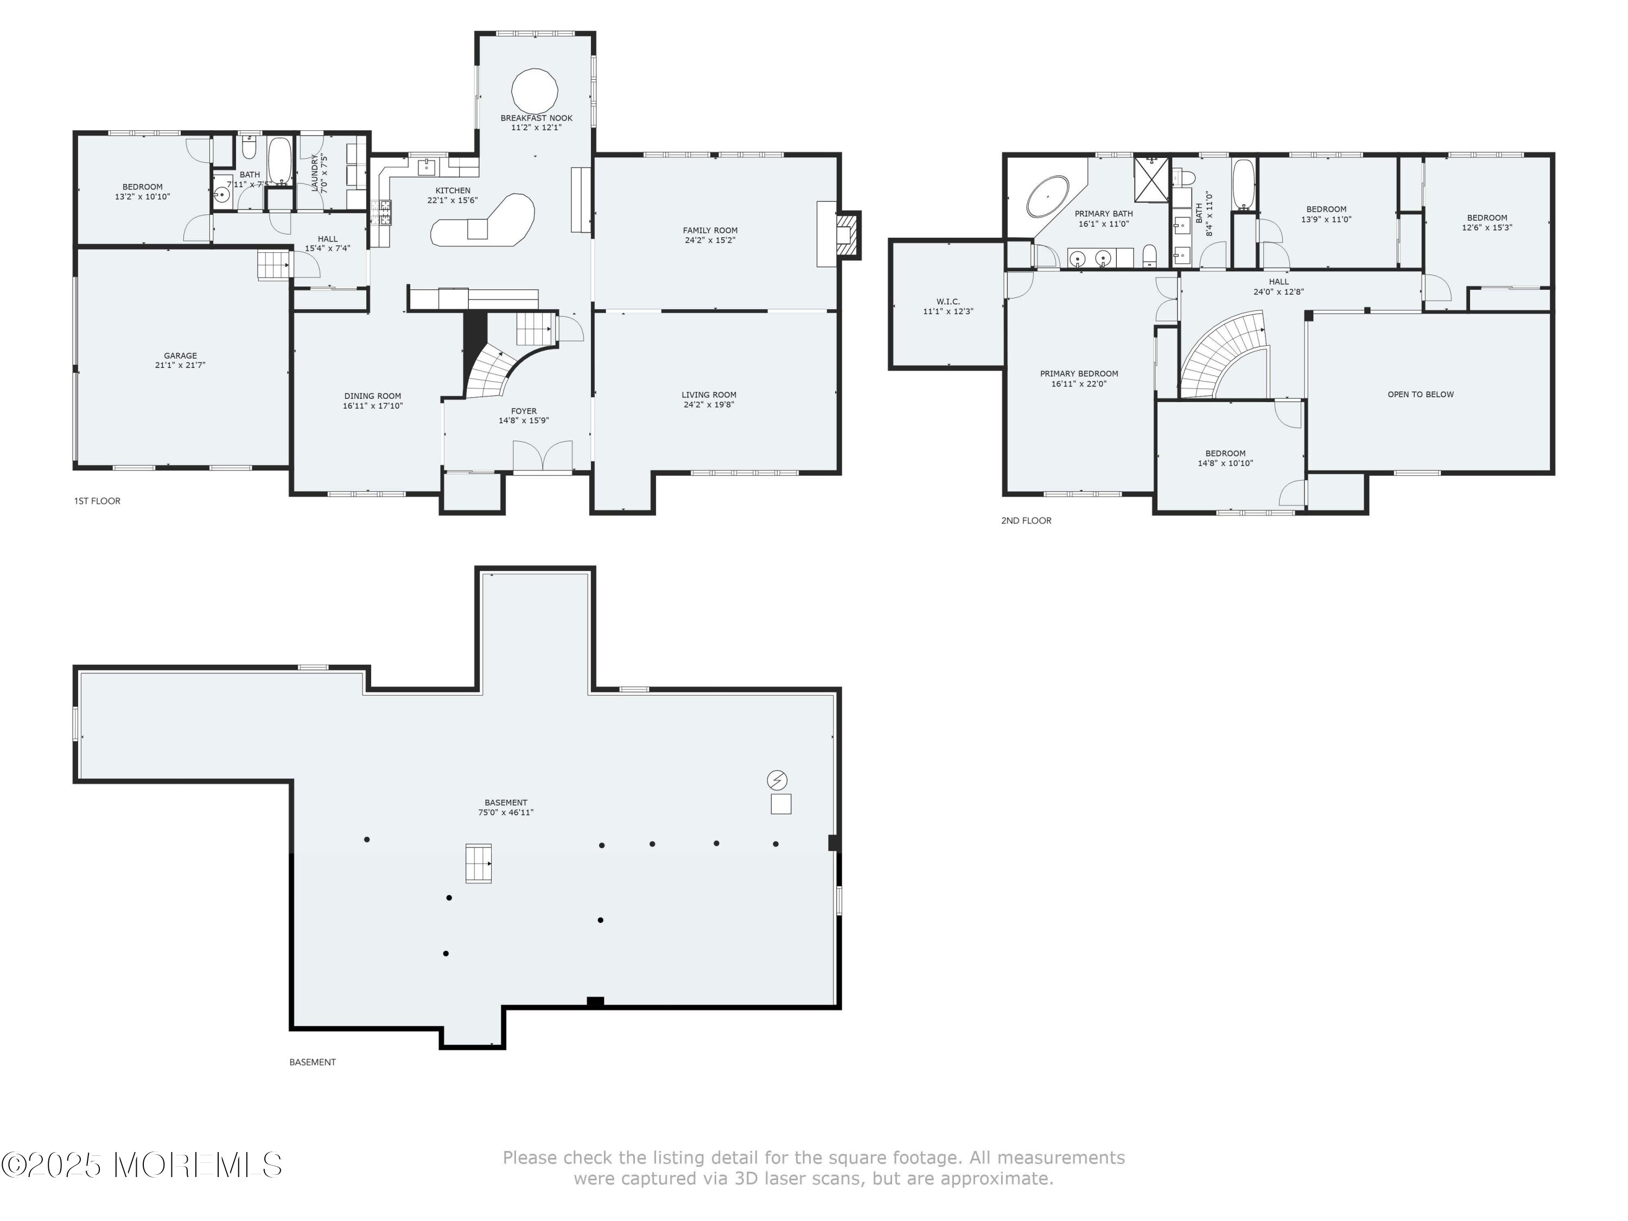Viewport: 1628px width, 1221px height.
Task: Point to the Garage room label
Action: pos(180,355)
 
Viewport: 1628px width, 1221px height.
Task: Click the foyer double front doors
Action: pos(543,456)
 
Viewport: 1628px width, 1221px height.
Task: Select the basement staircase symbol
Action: pos(479,863)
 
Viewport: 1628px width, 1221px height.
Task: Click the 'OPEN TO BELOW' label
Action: pos(1421,395)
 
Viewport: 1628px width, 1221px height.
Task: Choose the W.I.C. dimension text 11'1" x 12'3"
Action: pos(948,311)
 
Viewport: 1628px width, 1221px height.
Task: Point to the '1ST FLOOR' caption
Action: pos(97,501)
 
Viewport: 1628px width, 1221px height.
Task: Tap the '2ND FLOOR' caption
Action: pos(1026,520)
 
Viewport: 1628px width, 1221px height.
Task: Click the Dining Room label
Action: pos(372,396)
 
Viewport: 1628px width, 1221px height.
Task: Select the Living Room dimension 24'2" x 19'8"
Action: pos(709,405)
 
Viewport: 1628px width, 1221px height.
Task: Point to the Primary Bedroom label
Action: pos(1079,374)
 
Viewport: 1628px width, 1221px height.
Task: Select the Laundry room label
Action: pos(315,173)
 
